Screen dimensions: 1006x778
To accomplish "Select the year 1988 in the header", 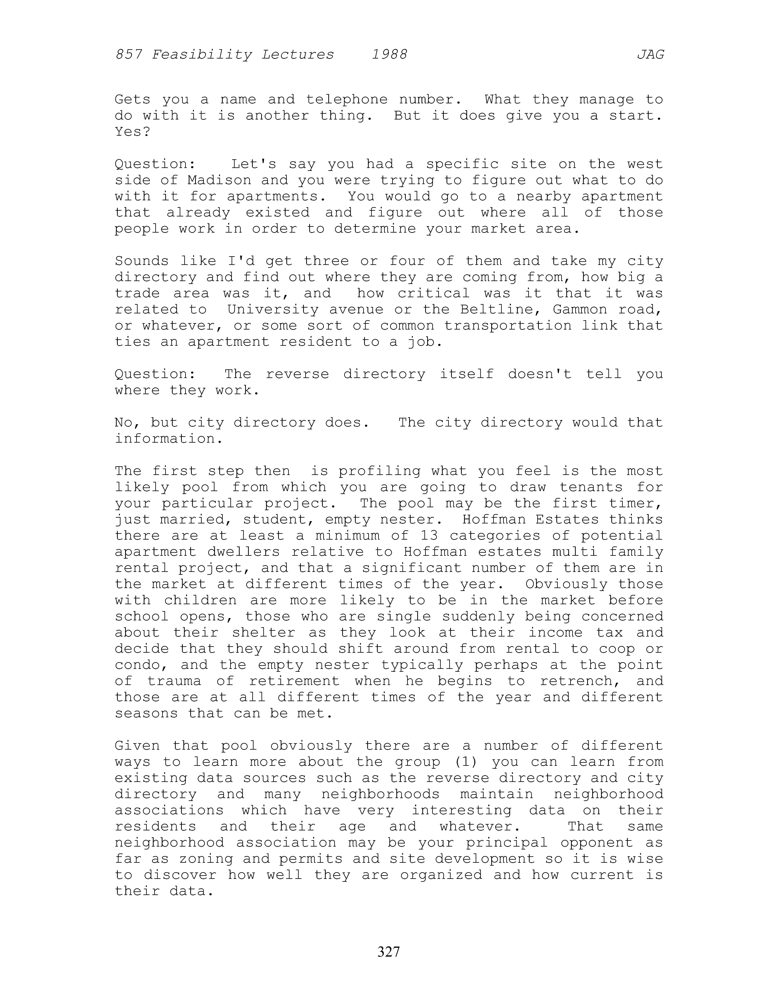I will tap(389, 55).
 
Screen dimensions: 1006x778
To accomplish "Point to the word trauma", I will tap(174, 681).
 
